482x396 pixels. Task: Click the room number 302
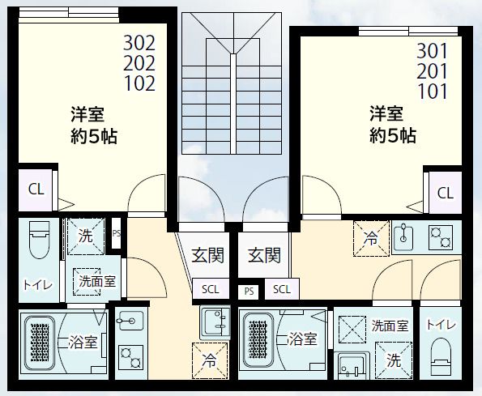(x=139, y=42)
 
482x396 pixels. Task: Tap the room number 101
(x=433, y=91)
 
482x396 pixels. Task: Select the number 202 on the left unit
(x=139, y=62)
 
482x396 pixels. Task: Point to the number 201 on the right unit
(x=433, y=70)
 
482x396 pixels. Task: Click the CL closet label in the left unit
(x=36, y=189)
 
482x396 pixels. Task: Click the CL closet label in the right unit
(x=445, y=193)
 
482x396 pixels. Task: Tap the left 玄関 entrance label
(x=207, y=256)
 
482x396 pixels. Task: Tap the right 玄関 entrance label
(x=264, y=256)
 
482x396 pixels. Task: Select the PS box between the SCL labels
(x=246, y=290)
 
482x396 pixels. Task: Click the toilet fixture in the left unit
(x=37, y=241)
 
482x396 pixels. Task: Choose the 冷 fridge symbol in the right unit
(x=370, y=239)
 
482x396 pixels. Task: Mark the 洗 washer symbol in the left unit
(x=86, y=237)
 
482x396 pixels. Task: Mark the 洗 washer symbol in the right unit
(x=394, y=359)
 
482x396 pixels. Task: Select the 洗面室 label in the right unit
(x=390, y=326)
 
